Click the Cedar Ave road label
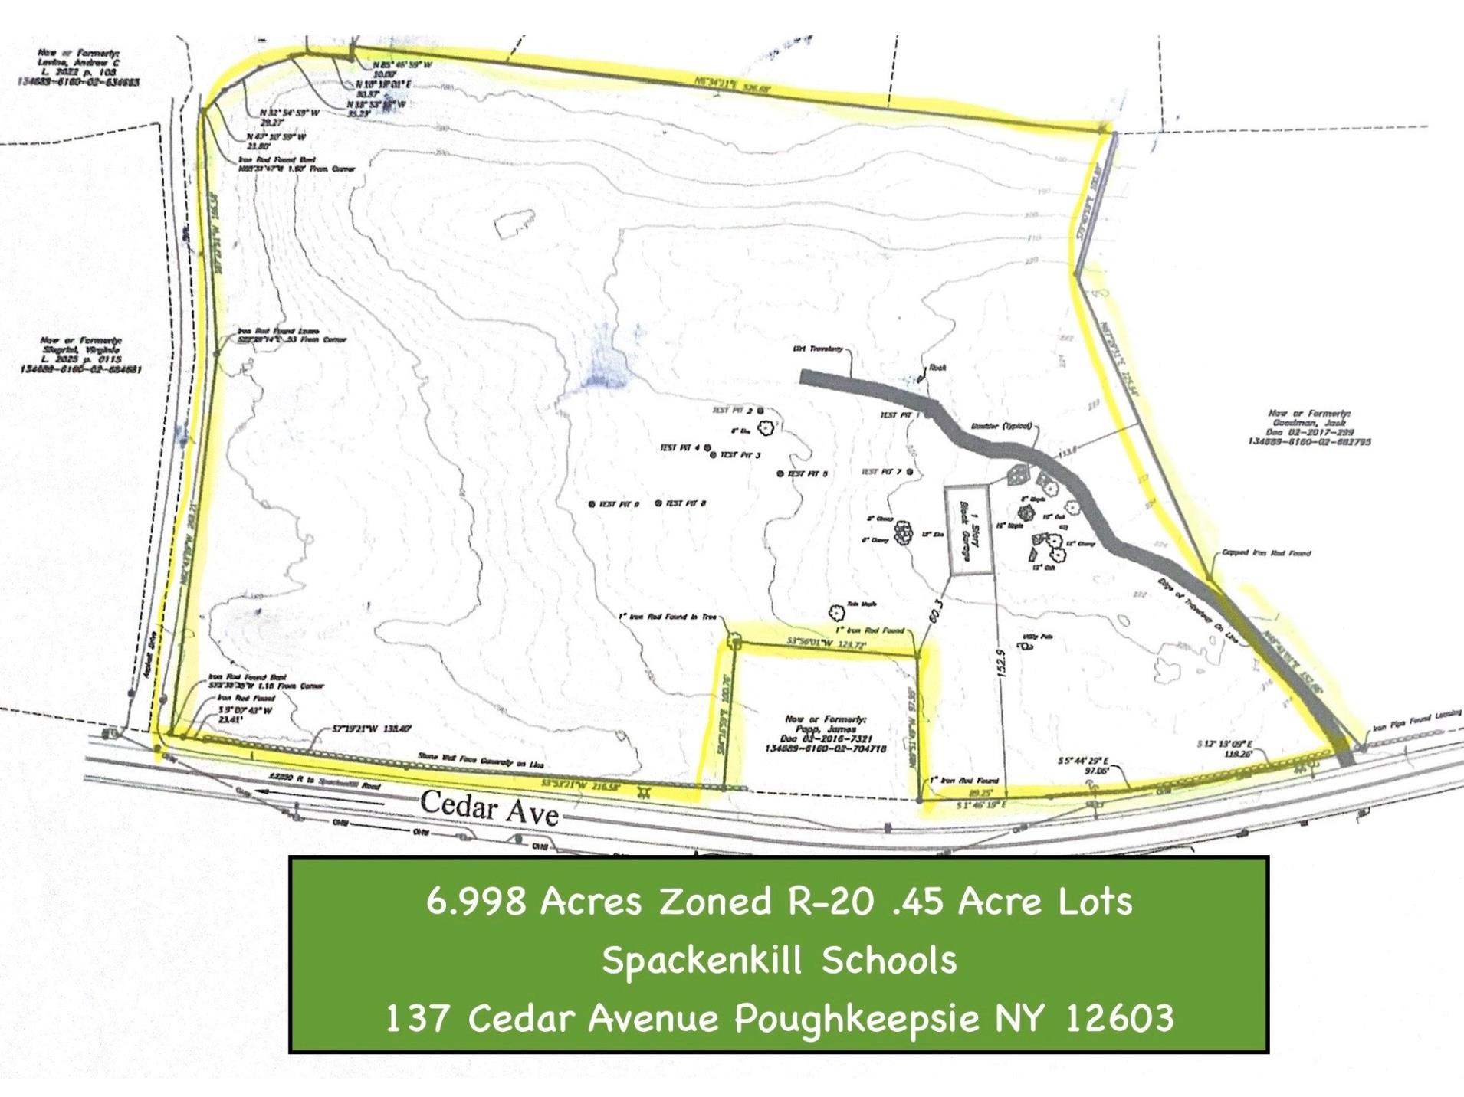pyautogui.click(x=489, y=808)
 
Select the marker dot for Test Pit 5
pyautogui.click(x=780, y=474)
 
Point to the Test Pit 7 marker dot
pyautogui.click(x=910, y=472)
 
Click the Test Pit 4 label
pyautogui.click(x=680, y=448)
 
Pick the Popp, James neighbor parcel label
pyautogui.click(x=826, y=734)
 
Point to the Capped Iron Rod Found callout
pyautogui.click(x=1265, y=552)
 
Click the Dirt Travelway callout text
pyautogui.click(x=818, y=349)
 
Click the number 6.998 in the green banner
pyautogui.click(x=476, y=901)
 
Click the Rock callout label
pyautogui.click(x=937, y=368)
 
